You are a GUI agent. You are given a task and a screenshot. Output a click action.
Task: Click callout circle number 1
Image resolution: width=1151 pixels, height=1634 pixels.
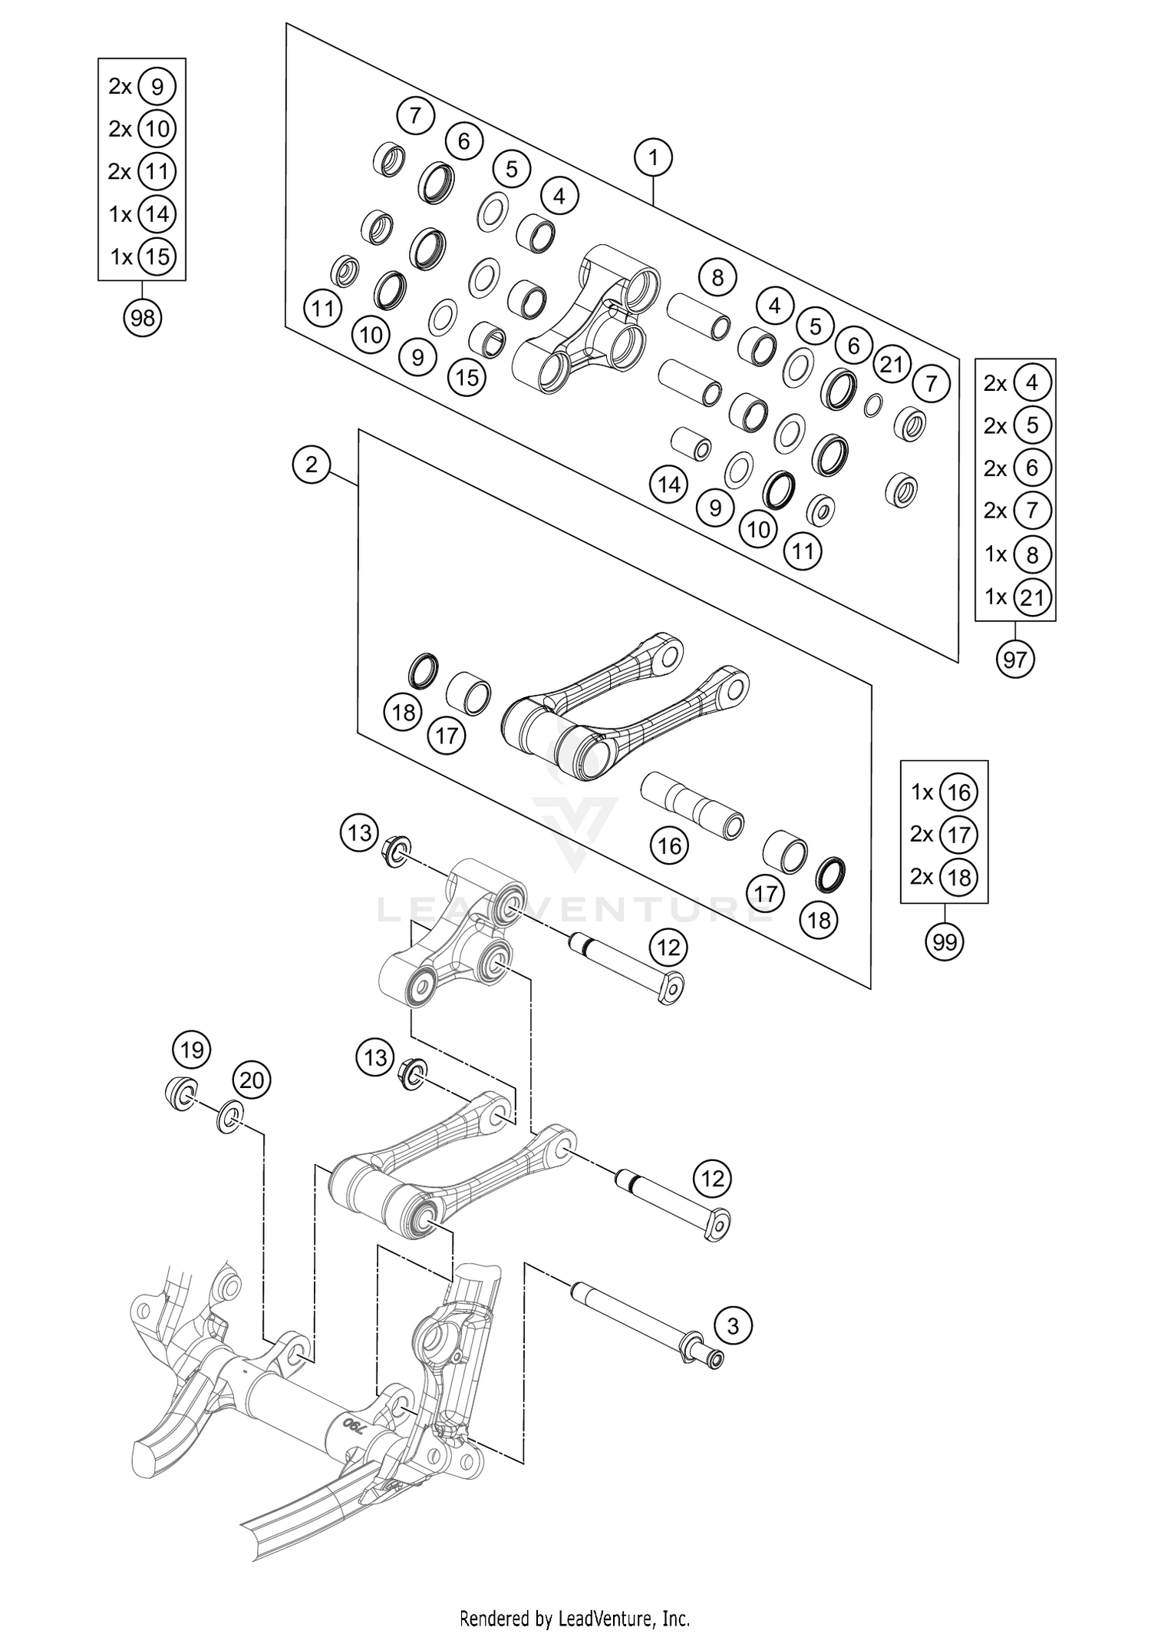(653, 158)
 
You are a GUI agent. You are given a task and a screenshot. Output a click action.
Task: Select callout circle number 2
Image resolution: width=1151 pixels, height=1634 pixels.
(312, 465)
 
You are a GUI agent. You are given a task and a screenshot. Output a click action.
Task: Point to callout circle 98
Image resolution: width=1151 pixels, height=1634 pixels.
(143, 317)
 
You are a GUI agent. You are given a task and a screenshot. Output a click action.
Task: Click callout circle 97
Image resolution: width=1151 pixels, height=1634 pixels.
(1015, 659)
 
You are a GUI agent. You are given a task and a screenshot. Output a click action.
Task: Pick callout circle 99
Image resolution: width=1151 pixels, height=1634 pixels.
(945, 941)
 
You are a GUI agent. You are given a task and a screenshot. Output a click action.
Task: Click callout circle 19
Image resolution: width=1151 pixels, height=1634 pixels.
(192, 1049)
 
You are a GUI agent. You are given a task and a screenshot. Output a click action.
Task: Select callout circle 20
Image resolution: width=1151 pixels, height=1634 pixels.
(252, 1080)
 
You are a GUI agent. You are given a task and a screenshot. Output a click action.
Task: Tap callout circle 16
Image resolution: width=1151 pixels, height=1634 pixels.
(670, 846)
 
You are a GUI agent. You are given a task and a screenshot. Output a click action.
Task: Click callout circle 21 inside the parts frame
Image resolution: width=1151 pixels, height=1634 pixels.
(892, 364)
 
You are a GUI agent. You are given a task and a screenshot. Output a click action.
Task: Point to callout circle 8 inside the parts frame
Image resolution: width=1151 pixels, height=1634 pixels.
(717, 277)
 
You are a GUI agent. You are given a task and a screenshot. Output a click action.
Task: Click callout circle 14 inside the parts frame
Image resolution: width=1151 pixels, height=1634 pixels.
(669, 485)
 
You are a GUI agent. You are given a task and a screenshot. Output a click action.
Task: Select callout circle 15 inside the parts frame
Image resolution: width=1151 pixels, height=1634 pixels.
(467, 377)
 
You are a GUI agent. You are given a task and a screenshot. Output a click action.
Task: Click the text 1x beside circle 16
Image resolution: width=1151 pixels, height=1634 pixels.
(922, 792)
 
